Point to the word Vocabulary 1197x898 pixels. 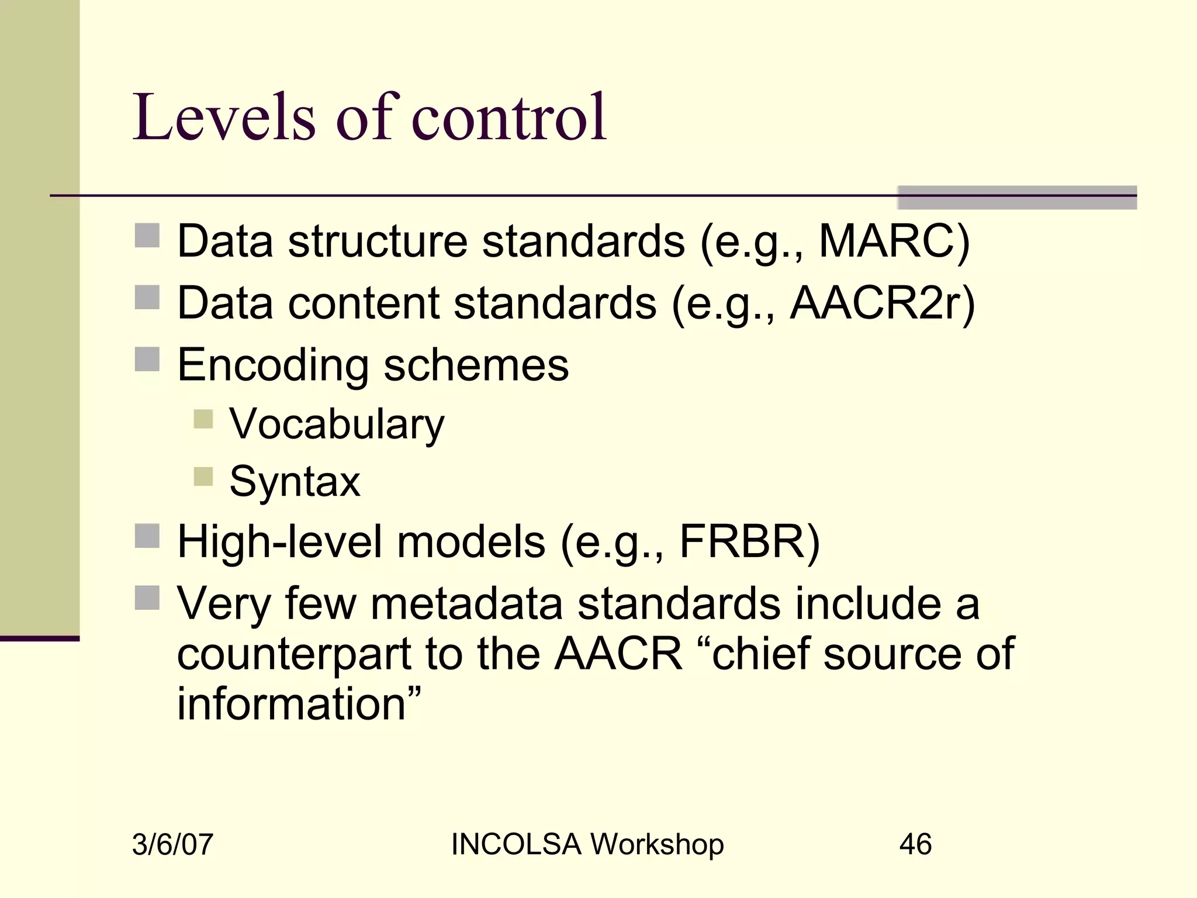[x=337, y=424]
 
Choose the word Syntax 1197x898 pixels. [x=295, y=482]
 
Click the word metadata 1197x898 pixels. [x=466, y=604]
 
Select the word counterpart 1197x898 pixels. [x=294, y=654]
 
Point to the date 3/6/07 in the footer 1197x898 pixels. [x=172, y=845]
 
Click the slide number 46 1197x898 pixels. [x=915, y=845]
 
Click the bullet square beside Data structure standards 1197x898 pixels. [x=147, y=236]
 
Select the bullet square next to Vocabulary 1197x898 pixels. [x=203, y=419]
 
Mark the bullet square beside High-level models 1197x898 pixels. [x=147, y=536]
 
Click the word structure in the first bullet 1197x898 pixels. [x=378, y=241]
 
